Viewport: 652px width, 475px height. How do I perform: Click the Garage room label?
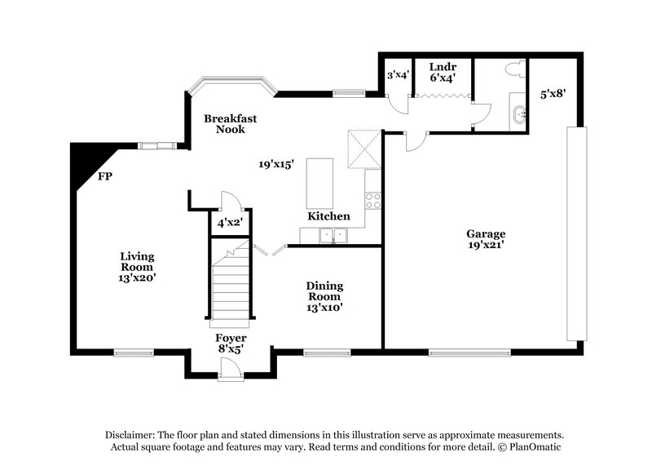(x=486, y=238)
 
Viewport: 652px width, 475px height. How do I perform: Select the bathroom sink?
(x=518, y=115)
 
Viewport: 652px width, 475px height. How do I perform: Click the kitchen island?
(x=319, y=184)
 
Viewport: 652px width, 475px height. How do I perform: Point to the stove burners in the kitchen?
(x=372, y=200)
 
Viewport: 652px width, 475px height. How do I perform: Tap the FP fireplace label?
(x=104, y=175)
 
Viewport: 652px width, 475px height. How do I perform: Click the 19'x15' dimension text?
(x=276, y=164)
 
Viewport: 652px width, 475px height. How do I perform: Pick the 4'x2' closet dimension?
(x=227, y=222)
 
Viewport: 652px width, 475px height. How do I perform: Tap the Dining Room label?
(x=324, y=296)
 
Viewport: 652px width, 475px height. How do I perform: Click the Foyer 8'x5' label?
(x=231, y=344)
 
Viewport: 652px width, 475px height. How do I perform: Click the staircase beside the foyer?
(x=230, y=286)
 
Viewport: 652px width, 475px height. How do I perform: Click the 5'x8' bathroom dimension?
(x=552, y=94)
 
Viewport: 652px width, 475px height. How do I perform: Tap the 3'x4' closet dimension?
(x=397, y=74)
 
